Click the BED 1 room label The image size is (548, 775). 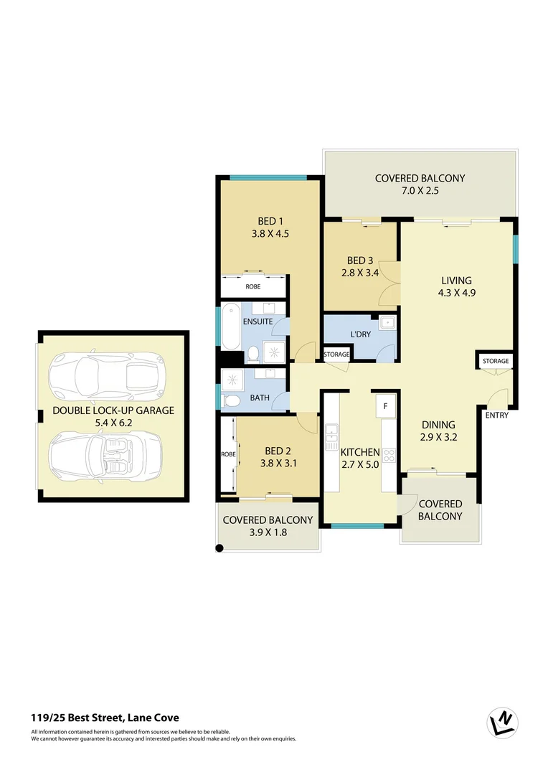268,221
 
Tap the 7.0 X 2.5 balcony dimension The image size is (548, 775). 420,191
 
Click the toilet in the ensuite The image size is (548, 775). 252,353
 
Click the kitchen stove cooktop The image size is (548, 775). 389,454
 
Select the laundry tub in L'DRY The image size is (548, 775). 387,323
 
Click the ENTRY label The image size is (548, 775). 496,415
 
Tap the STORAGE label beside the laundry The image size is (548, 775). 336,354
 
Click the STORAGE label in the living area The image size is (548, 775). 495,361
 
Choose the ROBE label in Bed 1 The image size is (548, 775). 253,286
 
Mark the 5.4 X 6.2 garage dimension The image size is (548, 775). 113,423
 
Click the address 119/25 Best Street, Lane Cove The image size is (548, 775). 105,717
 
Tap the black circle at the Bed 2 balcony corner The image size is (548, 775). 219,548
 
